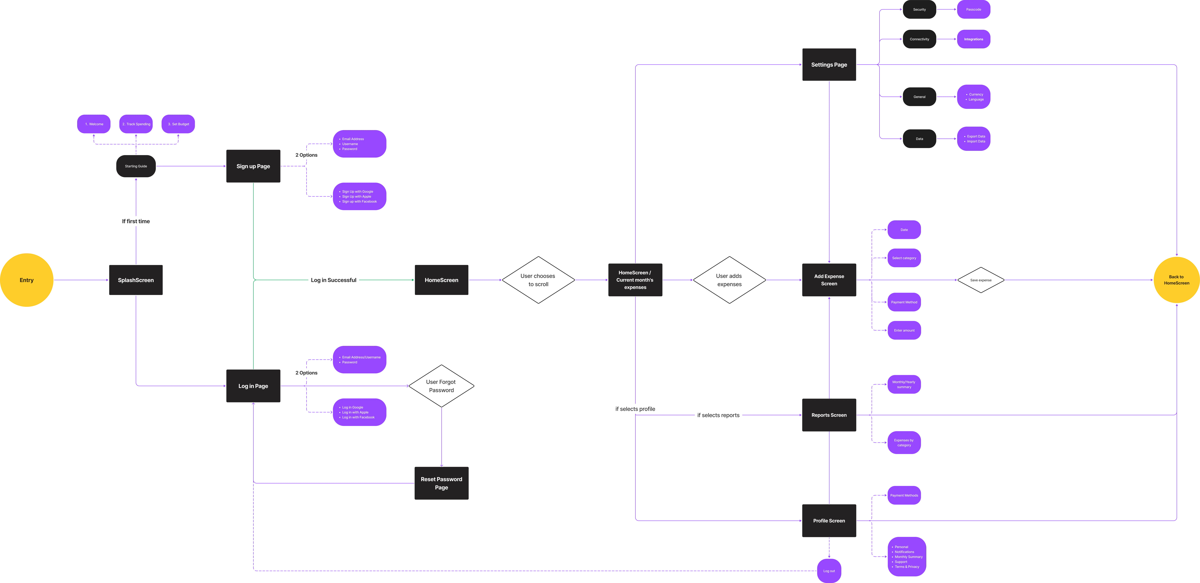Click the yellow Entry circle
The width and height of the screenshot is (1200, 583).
[27, 280]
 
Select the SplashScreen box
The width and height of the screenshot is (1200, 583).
[136, 280]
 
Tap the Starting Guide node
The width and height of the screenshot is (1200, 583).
[136, 166]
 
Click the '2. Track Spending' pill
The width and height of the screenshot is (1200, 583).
[136, 124]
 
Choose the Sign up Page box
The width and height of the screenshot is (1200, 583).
[253, 166]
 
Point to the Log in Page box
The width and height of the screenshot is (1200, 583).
[253, 386]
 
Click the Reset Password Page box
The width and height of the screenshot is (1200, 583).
[441, 483]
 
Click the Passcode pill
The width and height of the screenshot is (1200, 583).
[974, 9]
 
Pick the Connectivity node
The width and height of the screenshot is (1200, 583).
[919, 39]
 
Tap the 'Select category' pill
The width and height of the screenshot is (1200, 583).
[904, 258]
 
